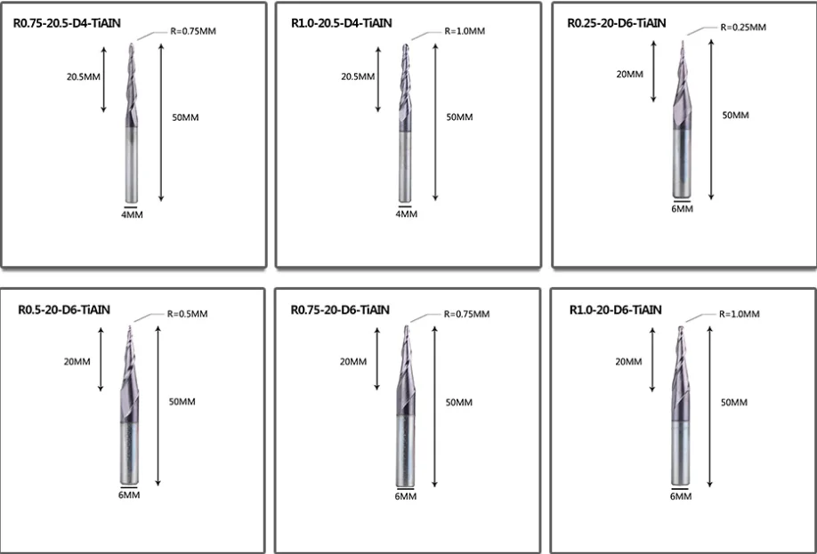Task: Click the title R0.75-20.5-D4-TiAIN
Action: click(67, 23)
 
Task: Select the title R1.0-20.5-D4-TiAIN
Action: click(341, 23)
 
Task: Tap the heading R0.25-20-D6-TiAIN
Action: click(617, 23)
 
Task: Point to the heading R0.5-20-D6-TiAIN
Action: click(64, 309)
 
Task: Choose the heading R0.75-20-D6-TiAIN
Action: click(340, 309)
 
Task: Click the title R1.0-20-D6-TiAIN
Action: click(615, 309)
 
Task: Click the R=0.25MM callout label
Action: click(743, 28)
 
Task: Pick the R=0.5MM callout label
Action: click(187, 314)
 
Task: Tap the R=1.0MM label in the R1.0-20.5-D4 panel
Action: click(465, 31)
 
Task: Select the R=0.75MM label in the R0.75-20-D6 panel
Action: click(466, 314)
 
